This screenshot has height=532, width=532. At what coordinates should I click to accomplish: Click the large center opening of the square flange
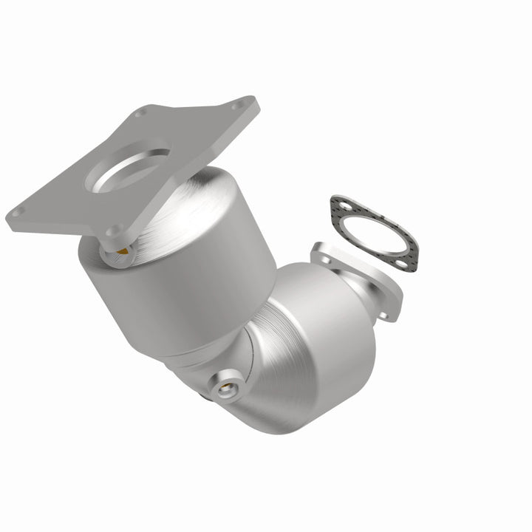132,168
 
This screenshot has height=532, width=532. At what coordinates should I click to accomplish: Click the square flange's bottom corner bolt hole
112,231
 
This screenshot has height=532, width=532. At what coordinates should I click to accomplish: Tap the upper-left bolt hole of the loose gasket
339,205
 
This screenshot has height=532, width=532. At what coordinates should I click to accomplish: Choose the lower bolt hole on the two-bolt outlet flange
384,314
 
